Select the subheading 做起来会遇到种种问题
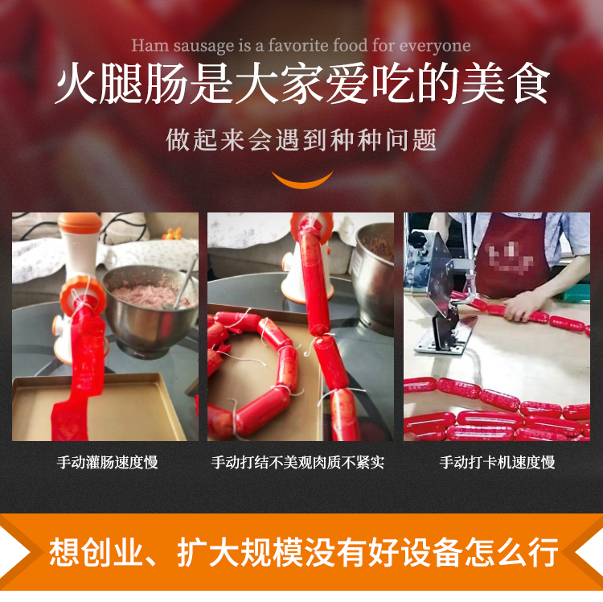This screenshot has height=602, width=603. (301, 140)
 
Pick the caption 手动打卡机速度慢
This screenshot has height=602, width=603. (497, 463)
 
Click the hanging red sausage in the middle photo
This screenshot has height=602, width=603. (315, 274)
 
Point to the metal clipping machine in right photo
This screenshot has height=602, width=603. (437, 298)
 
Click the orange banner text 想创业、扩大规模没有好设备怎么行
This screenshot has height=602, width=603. (303, 554)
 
